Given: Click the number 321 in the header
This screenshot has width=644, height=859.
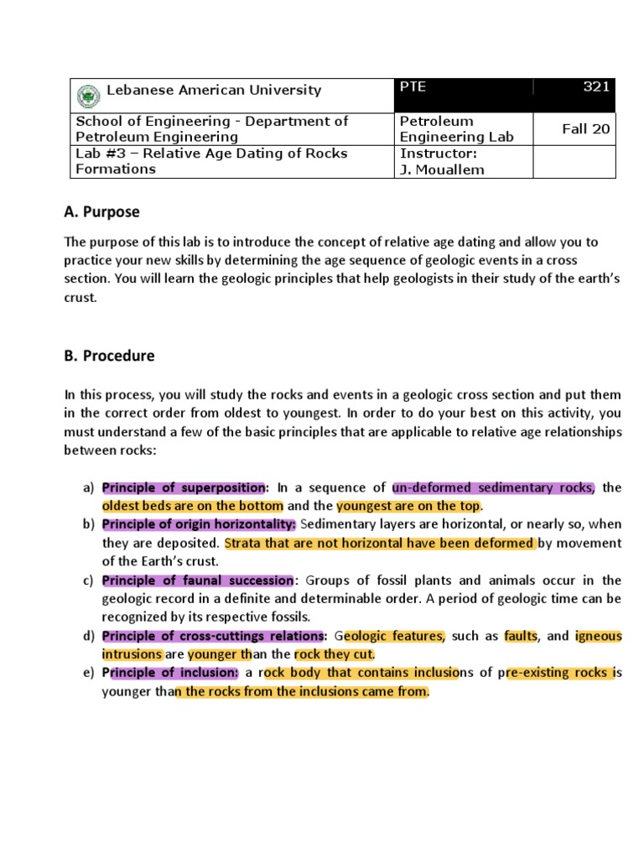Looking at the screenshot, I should [596, 87].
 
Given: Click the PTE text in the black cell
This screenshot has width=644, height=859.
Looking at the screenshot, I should [413, 87].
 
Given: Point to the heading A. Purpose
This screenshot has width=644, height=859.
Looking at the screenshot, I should [102, 212].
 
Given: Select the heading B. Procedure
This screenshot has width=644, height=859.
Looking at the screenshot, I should [110, 356].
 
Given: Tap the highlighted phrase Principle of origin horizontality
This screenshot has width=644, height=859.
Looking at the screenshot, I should [199, 524].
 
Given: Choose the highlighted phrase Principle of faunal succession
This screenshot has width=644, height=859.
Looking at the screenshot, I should [197, 580].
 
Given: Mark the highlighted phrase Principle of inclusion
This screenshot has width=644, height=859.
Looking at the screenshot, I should [170, 673].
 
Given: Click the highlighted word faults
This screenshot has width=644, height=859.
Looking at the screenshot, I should [521, 636].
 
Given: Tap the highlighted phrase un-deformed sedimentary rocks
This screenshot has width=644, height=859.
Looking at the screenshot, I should [492, 487].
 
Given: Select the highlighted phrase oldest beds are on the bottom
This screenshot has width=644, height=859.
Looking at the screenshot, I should [193, 506].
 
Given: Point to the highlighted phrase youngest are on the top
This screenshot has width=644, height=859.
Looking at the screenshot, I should [408, 506].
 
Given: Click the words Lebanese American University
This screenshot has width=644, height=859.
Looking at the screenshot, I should [213, 90].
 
